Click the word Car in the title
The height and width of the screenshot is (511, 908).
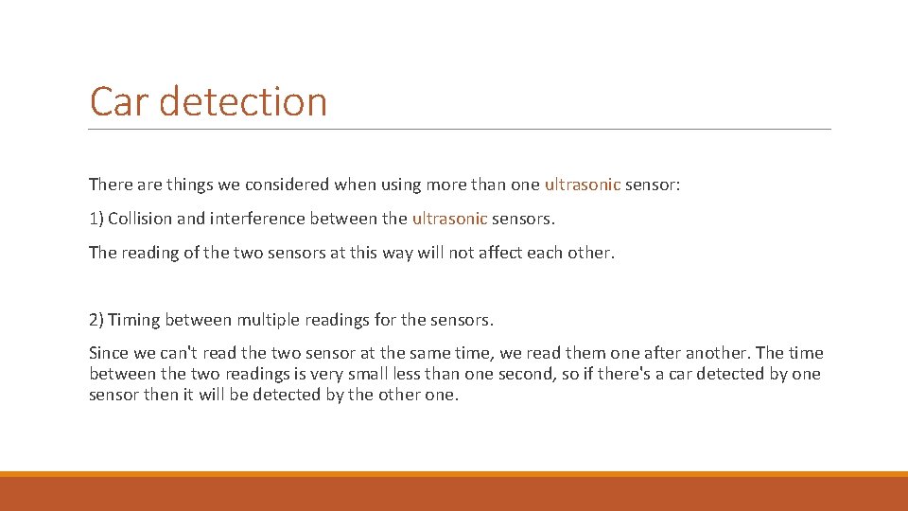click(120, 101)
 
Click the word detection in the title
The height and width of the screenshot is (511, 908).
click(243, 101)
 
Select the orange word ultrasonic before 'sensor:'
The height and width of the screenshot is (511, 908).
click(582, 185)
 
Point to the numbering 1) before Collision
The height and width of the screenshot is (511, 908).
click(96, 219)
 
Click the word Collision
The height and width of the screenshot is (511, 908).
click(140, 219)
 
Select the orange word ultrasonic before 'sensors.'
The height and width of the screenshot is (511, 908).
click(449, 219)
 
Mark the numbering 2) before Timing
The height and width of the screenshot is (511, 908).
click(96, 320)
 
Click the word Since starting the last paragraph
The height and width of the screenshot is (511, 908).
click(109, 353)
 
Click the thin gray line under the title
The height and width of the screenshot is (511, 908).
click(460, 130)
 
